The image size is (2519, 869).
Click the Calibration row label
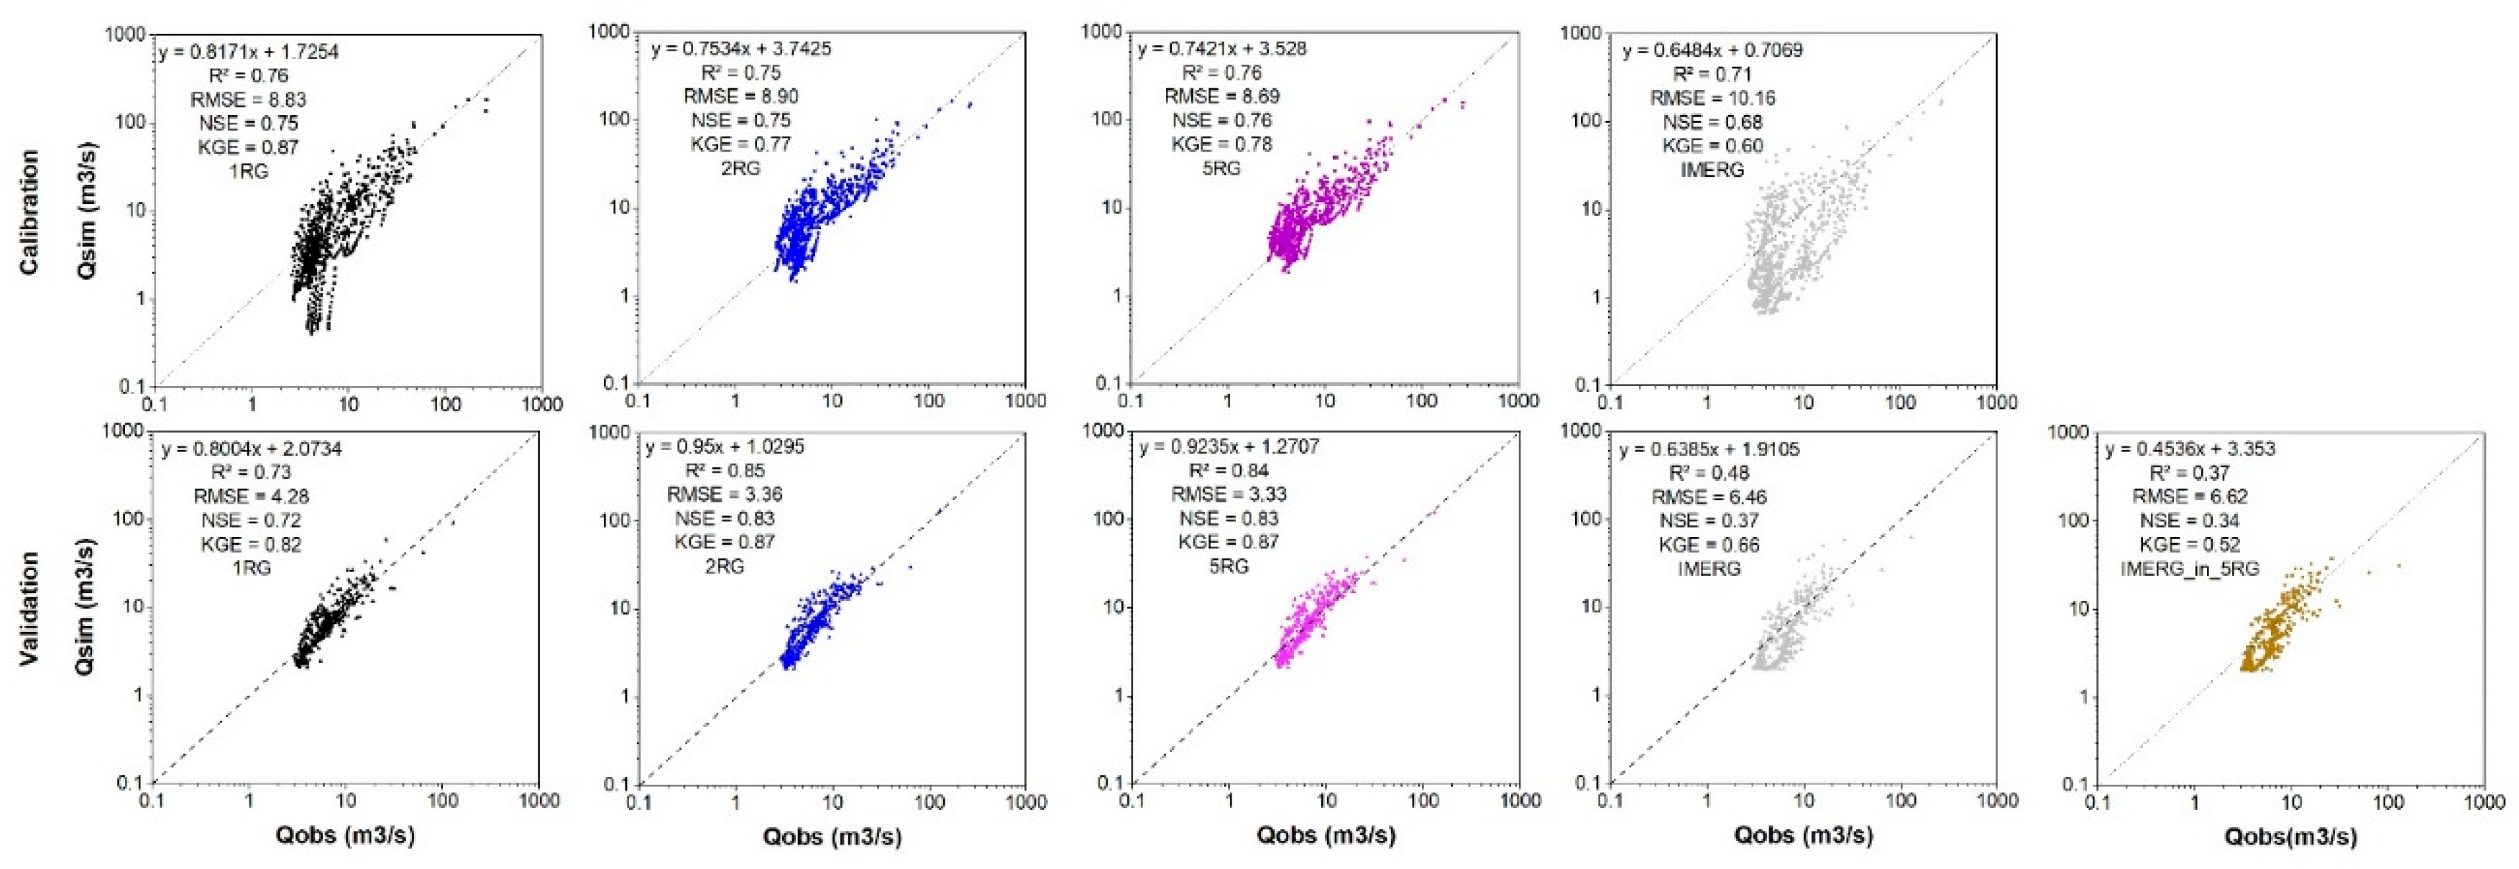pos(30,212)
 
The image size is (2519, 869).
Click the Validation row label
pos(30,608)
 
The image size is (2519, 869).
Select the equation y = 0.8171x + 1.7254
pos(249,52)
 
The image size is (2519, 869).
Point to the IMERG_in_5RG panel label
pos(2190,569)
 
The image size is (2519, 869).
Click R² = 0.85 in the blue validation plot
pos(725,471)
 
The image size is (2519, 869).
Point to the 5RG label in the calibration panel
pos(1221,168)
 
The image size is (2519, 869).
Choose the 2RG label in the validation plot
pos(725,566)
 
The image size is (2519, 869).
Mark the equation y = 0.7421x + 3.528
pos(1221,49)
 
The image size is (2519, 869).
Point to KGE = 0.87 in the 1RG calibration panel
pos(249,147)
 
